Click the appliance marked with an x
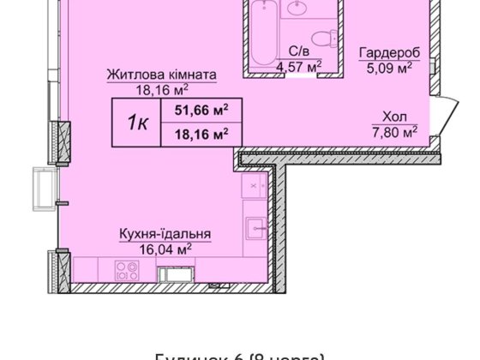tap(254, 184)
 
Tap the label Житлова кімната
tap(161, 75)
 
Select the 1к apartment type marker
tap(137, 121)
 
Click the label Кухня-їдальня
tap(165, 233)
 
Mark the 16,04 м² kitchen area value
tap(165, 247)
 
